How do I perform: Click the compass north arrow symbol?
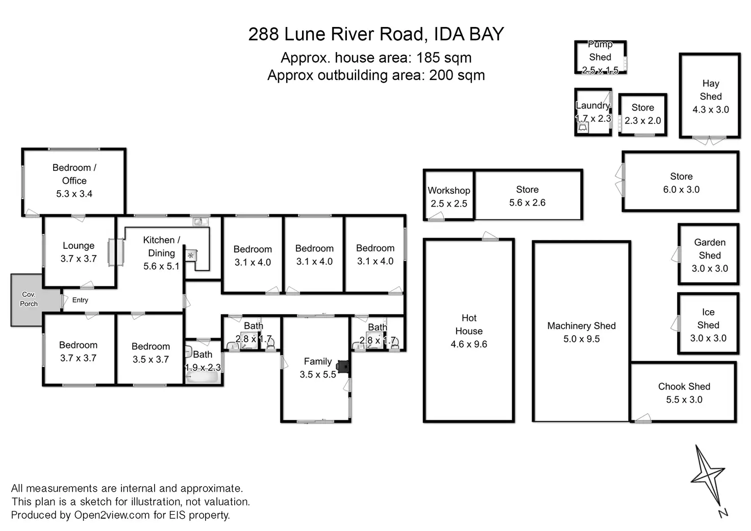(x=708, y=480)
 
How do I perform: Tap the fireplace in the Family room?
(x=343, y=366)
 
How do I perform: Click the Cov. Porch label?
(x=29, y=299)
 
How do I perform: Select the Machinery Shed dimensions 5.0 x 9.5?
(x=581, y=339)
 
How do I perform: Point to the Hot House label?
(x=469, y=324)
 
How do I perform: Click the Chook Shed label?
(x=684, y=387)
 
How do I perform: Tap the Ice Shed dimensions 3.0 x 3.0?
(x=708, y=338)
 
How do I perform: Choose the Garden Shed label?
(x=710, y=249)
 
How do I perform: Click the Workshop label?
(x=449, y=190)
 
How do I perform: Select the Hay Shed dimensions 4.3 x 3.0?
(x=711, y=110)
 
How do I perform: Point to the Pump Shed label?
(x=600, y=50)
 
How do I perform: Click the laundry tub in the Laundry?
(x=583, y=128)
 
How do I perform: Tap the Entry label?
(x=80, y=300)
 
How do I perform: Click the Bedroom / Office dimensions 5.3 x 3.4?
(x=74, y=194)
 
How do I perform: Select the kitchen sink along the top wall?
(x=201, y=221)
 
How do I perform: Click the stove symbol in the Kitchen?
(x=191, y=256)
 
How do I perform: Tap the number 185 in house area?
(x=428, y=58)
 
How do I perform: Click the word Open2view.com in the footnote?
(x=112, y=515)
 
